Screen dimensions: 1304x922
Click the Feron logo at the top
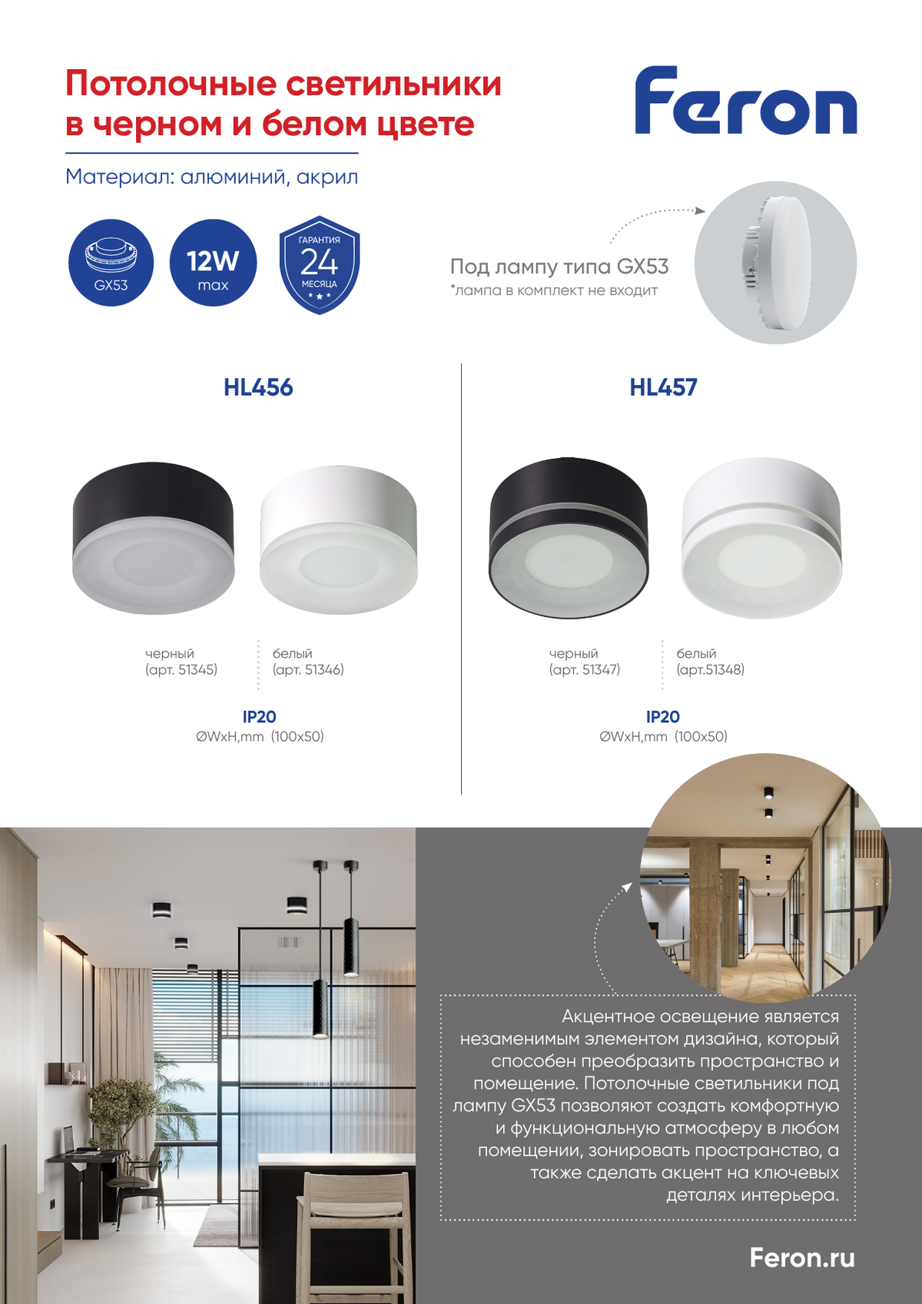[745, 101]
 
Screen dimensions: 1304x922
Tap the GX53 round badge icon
[111, 263]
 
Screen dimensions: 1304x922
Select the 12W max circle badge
[213, 263]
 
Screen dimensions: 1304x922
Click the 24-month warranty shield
[319, 264]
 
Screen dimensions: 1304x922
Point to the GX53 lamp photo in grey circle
[775, 263]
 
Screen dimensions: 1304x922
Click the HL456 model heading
[258, 387]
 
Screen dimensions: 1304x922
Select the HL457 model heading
[663, 387]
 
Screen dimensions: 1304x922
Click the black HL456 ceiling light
[153, 538]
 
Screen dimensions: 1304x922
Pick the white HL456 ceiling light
[339, 539]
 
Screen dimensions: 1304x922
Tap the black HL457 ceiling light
[569, 538]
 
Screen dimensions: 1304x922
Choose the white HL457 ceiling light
[761, 538]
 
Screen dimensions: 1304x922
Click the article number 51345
[197, 670]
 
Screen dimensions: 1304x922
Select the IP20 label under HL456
[259, 717]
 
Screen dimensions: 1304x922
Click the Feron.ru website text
[801, 1258]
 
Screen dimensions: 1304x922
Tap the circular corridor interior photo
[764, 878]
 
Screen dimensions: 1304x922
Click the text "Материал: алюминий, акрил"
[211, 177]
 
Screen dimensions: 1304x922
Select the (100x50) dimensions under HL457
[701, 737]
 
